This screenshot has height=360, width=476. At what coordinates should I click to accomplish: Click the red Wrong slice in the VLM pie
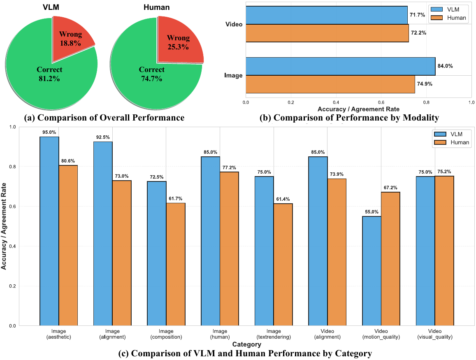click(71, 35)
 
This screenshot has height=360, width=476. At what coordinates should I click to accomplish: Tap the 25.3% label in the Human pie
click(178, 47)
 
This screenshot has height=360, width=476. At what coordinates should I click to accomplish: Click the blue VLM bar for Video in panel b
click(327, 15)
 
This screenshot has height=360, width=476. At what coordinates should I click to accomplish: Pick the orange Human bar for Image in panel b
click(330, 84)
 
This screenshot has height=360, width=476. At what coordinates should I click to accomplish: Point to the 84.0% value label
click(445, 66)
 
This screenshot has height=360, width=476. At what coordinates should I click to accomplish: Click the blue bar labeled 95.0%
click(49, 231)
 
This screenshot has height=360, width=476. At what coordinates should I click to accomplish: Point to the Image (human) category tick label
click(220, 334)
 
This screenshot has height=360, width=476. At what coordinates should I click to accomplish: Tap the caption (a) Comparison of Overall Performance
click(104, 118)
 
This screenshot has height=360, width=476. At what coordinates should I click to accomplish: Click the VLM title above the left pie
click(51, 7)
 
